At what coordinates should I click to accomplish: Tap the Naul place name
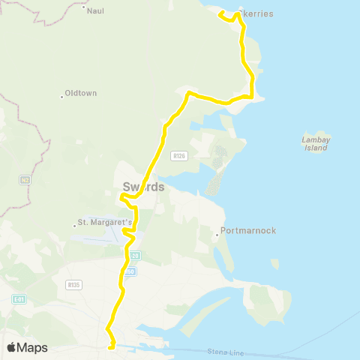pos(96,11)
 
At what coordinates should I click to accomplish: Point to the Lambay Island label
pos(316,144)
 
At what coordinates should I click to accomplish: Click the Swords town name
pos(142,187)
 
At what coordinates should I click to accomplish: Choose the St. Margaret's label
pos(106,223)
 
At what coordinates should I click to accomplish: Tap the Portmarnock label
pos(247,232)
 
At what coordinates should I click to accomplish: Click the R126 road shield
pos(178,156)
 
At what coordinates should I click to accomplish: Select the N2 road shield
pos(25,180)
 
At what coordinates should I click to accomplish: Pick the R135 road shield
pos(73,284)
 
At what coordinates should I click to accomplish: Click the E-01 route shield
pos(19,299)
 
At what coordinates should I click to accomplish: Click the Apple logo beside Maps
pos(12,347)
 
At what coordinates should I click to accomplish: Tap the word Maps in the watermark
pos(33,347)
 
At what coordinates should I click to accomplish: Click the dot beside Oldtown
pos(61,95)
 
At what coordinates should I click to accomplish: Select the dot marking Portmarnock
pos(217,234)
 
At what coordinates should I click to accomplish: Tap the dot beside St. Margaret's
pos(73,223)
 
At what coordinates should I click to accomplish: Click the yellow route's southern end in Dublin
pos(111,347)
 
